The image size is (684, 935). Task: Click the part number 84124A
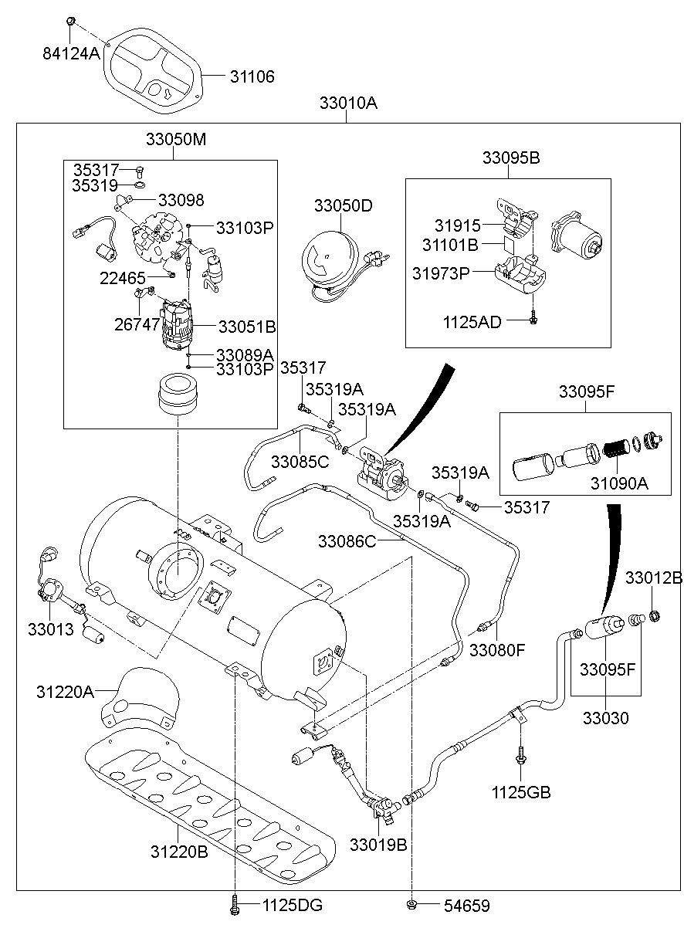71,53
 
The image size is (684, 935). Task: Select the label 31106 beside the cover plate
252,77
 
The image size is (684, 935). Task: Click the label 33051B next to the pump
247,327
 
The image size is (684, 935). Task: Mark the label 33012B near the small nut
653,578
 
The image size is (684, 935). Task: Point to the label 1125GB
521,792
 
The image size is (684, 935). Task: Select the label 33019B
378,845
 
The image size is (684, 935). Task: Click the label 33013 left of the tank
52,629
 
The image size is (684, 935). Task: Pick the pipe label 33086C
347,542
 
